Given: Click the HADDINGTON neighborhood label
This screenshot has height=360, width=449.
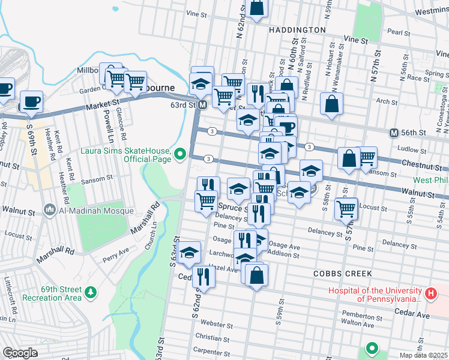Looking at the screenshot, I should click(297, 29).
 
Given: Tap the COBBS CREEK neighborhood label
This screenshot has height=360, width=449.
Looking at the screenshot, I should click(342, 273).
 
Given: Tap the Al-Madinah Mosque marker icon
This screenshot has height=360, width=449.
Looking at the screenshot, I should click(49, 210).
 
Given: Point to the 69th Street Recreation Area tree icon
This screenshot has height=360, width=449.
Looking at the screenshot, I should click(90, 292).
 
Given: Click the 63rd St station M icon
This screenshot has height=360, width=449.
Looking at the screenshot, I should click(203, 105).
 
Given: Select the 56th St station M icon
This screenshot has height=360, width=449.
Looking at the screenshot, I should click(394, 133).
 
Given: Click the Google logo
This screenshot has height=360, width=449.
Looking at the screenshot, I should click(20, 353).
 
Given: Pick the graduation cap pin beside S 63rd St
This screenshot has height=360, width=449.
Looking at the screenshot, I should click(189, 252).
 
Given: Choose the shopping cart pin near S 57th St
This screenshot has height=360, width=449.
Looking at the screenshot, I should click(346, 208).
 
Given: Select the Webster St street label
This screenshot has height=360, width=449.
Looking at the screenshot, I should click(218, 325).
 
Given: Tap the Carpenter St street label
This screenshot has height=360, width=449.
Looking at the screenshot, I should click(208, 350).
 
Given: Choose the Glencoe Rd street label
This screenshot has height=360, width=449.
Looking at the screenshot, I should click(119, 119).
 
